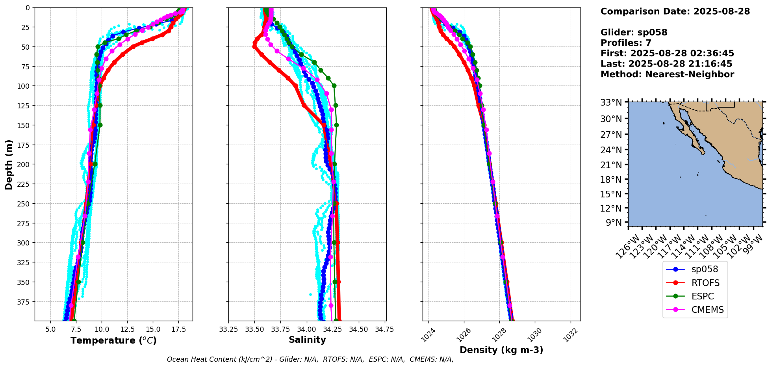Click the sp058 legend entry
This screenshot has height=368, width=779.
coord(704,269)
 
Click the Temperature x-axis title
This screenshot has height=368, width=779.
coord(113,340)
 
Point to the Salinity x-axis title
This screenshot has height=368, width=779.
coord(307,340)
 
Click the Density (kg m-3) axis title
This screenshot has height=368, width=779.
coord(501,350)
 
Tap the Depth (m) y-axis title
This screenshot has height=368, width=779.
coord(9,164)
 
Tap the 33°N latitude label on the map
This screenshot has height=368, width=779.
coord(611,103)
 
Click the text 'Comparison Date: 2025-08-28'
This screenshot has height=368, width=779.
coord(675,11)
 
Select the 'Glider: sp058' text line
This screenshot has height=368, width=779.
coord(634,32)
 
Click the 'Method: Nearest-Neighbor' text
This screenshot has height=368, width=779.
coord(667,74)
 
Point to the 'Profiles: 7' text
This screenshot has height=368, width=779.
coord(626,43)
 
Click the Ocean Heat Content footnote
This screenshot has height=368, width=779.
coord(310,359)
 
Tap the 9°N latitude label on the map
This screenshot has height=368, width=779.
coord(613,223)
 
